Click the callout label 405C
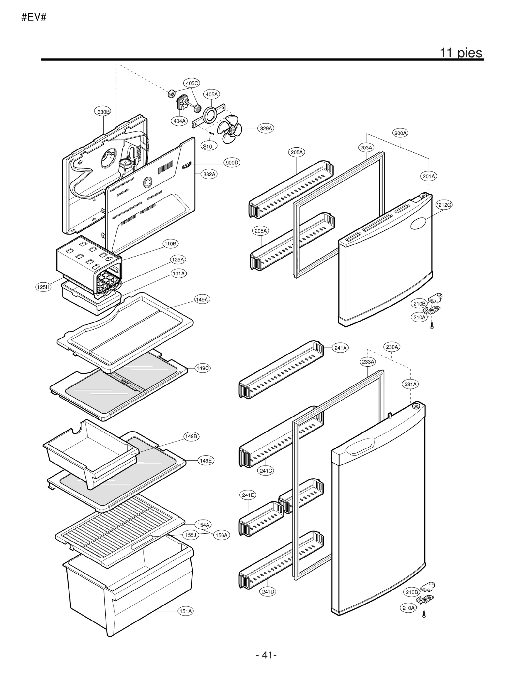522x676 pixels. tap(192, 83)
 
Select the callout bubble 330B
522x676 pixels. tap(103, 112)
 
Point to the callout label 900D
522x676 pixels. tap(232, 163)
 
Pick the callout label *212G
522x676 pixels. tap(444, 205)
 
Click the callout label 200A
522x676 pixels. tap(400, 133)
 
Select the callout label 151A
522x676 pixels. tap(186, 611)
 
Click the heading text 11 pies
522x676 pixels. tap(461, 53)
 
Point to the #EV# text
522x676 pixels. tap(34, 17)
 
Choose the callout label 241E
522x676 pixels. tap(248, 495)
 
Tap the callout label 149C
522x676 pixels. tap(203, 368)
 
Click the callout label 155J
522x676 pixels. tap(191, 535)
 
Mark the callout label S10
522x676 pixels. tap(207, 146)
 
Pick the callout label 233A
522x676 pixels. tap(368, 362)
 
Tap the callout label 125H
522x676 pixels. tap(43, 287)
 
